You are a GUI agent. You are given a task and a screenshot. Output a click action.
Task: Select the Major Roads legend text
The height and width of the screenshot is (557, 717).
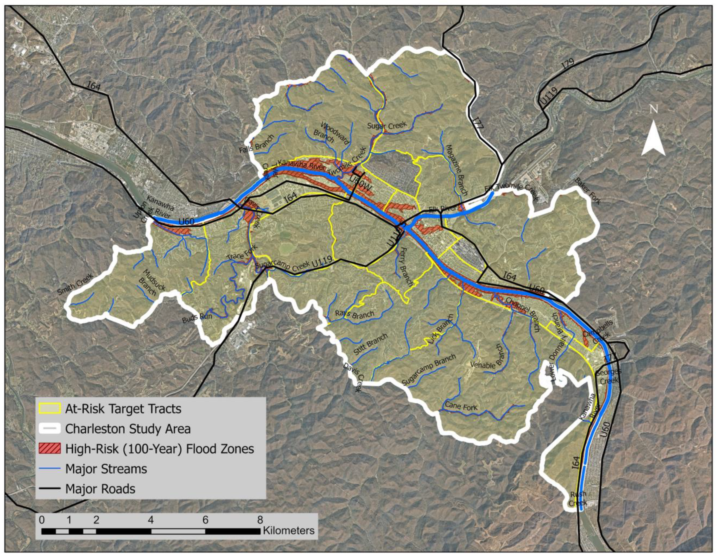point(100,489)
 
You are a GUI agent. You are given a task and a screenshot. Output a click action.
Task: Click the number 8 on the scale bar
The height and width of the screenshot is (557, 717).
point(260,520)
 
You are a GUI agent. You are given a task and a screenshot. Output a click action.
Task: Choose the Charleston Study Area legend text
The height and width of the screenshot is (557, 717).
point(128,429)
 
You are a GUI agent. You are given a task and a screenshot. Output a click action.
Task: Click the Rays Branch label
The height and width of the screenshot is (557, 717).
point(354,314)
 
